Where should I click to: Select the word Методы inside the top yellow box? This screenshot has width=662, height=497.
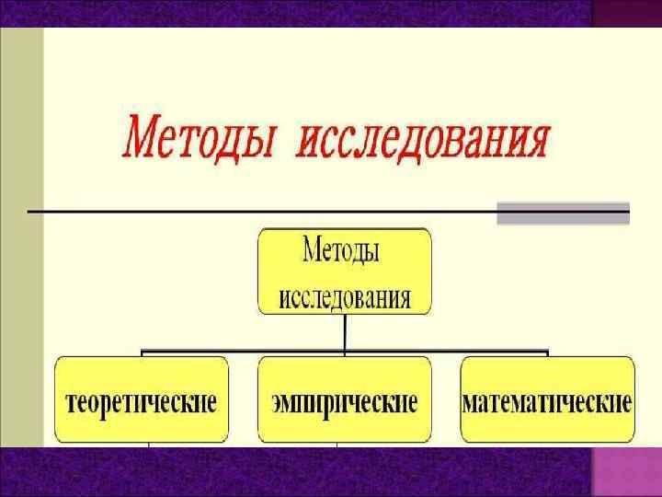click(x=342, y=250)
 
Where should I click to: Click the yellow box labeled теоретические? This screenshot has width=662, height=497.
click(x=142, y=401)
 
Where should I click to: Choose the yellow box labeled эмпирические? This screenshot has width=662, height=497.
click(x=344, y=401)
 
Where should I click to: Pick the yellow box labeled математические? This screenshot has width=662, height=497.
click(x=547, y=401)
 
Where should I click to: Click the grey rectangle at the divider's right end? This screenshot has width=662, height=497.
click(x=563, y=213)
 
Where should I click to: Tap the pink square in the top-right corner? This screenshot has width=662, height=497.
click(x=626, y=13)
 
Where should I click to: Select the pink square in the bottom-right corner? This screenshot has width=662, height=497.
click(x=626, y=471)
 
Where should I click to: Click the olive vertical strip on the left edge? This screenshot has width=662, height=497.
click(x=20, y=230)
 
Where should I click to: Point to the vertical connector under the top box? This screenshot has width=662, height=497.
click(x=344, y=331)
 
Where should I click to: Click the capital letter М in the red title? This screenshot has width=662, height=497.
click(x=143, y=139)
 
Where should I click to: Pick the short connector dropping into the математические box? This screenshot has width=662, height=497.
click(x=547, y=353)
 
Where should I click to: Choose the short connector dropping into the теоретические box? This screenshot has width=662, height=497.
click(x=142, y=353)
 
